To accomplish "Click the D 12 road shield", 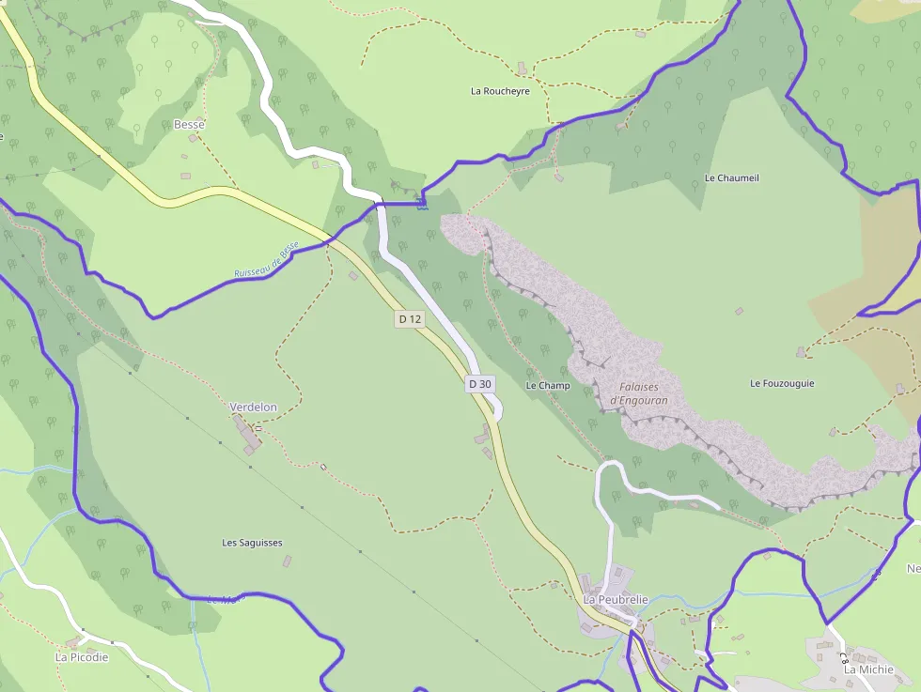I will click(x=410, y=319).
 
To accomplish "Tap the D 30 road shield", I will click(x=479, y=384).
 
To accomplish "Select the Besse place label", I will click(x=189, y=124).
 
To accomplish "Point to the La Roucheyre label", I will click(x=500, y=91).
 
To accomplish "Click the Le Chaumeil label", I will click(x=731, y=177).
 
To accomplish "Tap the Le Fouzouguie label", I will click(x=782, y=383).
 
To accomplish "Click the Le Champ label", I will click(x=548, y=386).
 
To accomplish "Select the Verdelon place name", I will click(x=254, y=407).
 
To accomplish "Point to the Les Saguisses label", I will click(x=252, y=543).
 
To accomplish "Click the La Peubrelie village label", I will click(x=616, y=599).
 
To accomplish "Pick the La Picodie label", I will click(x=82, y=657).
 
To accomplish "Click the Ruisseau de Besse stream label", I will click(x=266, y=260).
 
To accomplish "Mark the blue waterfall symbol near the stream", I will click(x=422, y=202).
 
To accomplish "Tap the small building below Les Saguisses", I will click(x=288, y=561).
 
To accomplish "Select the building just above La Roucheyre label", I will click(x=522, y=68).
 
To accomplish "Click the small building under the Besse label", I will click(x=193, y=138).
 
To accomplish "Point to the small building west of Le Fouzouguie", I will click(x=739, y=311).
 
